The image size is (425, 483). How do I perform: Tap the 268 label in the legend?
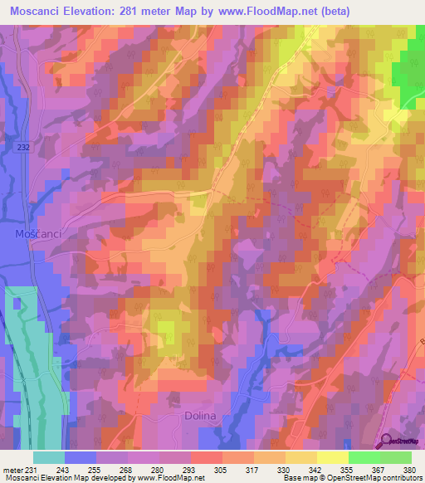124,470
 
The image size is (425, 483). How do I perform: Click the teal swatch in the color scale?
49,457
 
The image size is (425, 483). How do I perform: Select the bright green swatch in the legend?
364,457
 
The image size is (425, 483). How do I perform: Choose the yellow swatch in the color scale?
300,457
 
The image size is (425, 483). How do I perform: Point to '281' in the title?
152,12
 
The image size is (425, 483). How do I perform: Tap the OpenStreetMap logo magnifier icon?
386,441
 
